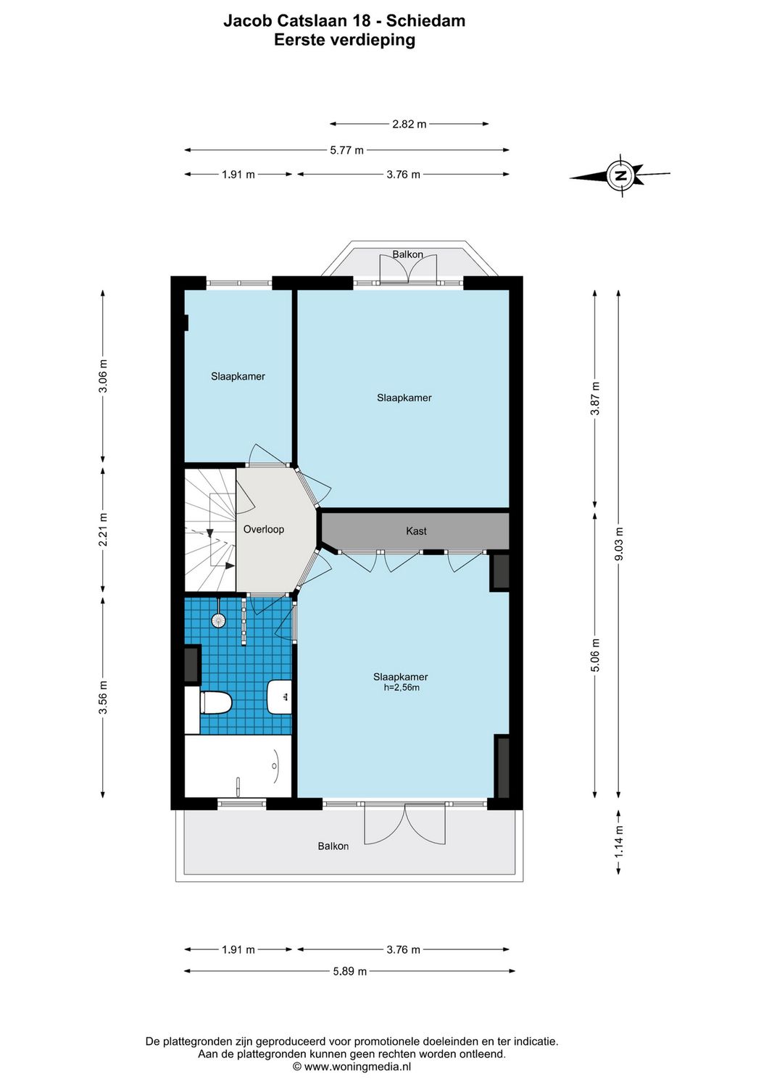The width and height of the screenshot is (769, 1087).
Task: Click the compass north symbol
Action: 620,175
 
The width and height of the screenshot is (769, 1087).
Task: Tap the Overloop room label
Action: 263,529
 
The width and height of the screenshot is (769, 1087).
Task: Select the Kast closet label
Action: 416,531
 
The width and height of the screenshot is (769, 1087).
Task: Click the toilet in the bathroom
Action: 215,702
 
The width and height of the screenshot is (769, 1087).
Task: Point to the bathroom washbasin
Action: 280,696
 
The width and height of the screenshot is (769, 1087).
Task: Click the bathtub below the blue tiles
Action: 238,766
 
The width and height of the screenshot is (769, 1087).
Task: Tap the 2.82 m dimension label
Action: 409,124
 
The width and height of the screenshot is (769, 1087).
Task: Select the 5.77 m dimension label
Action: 346,150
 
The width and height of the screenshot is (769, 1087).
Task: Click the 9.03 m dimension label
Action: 618,543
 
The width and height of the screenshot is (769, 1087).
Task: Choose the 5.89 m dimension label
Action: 349,971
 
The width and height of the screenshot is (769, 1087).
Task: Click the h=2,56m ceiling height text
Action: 402,687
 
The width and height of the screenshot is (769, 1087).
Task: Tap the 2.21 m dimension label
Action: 103,529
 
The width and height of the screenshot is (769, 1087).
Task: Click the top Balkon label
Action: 407,254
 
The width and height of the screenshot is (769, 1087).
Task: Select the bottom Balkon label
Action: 333,846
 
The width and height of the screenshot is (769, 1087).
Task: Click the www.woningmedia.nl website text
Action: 352,1067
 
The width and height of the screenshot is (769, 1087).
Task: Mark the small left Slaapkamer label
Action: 238,376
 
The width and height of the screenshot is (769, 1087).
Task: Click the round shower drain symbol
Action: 217,620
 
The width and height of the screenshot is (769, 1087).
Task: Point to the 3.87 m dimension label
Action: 595,399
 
